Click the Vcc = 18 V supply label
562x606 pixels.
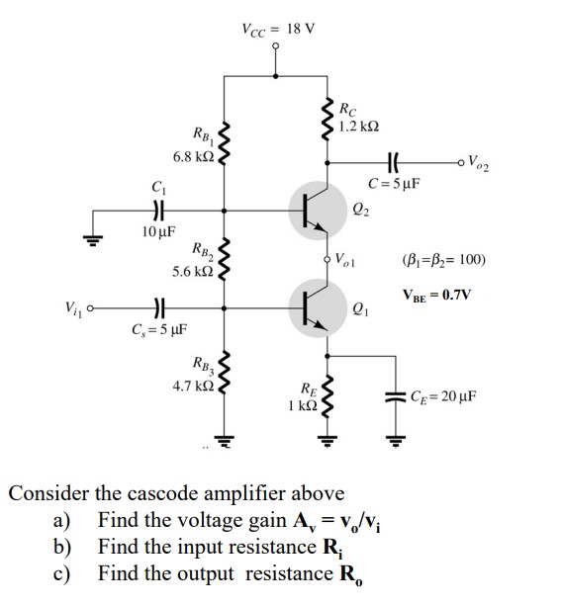tap(277, 27)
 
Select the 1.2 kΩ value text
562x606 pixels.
tap(356, 127)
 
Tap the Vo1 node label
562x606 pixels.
tap(347, 262)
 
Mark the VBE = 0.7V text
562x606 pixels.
tap(436, 294)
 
